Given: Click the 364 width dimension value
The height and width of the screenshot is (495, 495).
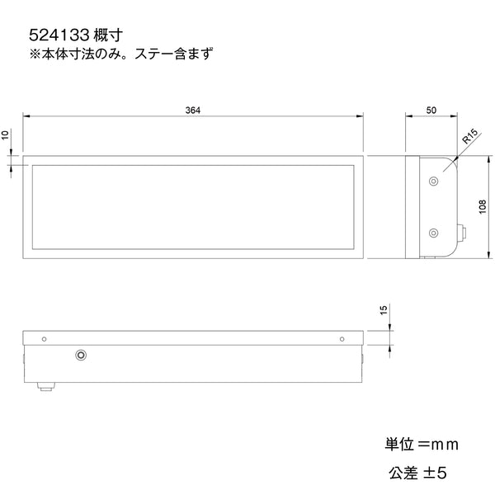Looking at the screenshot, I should tap(193, 110).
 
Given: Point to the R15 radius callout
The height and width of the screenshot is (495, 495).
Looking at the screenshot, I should tap(470, 136).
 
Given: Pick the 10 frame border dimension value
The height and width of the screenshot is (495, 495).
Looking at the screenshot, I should tap(7, 134).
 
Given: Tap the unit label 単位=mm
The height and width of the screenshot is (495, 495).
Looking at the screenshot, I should tap(421, 445).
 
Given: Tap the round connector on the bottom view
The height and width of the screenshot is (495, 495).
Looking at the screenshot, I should tap(80, 355).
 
